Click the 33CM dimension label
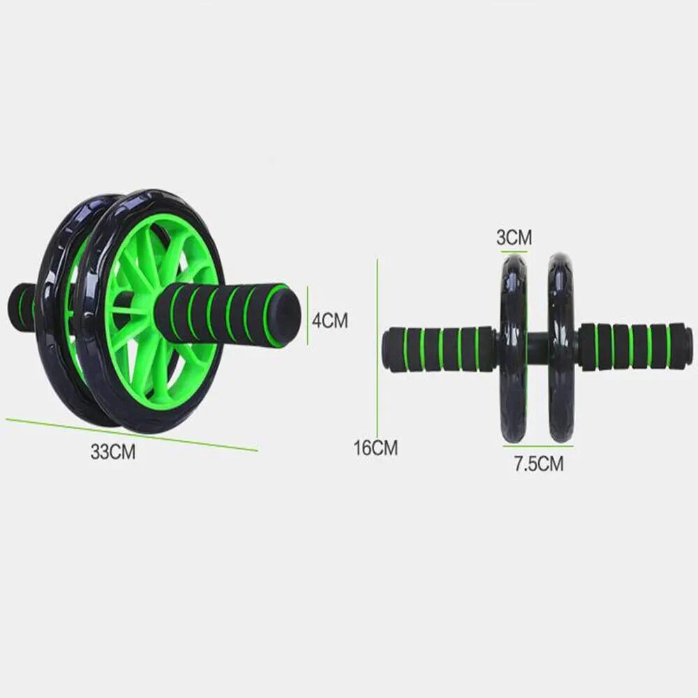(x=112, y=452)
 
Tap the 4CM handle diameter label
(x=329, y=320)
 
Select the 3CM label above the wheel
(x=514, y=237)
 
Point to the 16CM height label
(x=376, y=447)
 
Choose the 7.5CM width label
(x=538, y=463)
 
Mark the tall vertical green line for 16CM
(x=378, y=349)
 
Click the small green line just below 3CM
(x=514, y=250)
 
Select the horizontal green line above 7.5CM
(x=537, y=445)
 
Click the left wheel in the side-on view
(x=514, y=348)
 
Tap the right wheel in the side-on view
(x=560, y=348)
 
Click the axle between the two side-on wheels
(x=537, y=347)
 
